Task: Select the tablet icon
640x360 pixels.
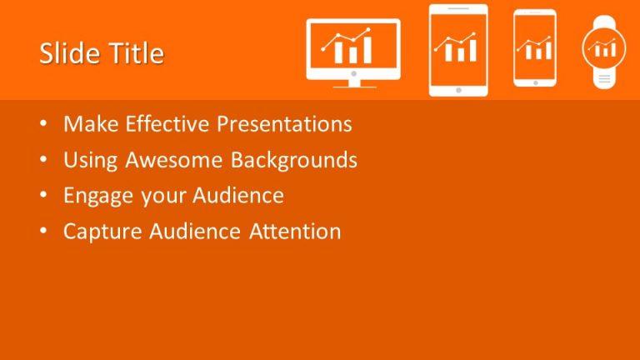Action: (x=457, y=50)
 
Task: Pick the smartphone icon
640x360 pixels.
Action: (x=534, y=48)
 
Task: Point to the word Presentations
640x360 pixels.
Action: (x=284, y=124)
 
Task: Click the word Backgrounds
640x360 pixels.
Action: (x=294, y=160)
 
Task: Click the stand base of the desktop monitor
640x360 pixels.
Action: (x=353, y=85)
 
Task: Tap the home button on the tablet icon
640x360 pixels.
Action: (x=457, y=88)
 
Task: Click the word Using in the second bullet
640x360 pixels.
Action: (x=87, y=160)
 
